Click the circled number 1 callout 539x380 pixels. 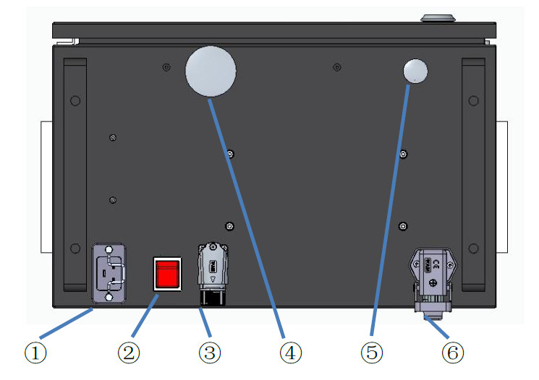tap(35, 353)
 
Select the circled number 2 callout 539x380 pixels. tap(129, 353)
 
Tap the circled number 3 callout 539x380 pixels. tap(210, 353)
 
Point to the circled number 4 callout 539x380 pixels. tap(291, 353)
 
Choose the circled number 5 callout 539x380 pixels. tap(372, 353)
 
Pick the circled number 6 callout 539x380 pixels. tap(453, 353)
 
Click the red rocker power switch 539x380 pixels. tap(167, 274)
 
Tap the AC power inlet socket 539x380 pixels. tap(109, 273)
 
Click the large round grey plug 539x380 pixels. tap(211, 71)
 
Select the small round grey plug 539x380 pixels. tap(415, 71)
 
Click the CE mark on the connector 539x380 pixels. tap(436, 264)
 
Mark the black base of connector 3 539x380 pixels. tap(213, 298)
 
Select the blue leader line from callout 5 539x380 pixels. tap(390, 210)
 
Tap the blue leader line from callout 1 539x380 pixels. tap(66, 323)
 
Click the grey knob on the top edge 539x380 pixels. tap(438, 18)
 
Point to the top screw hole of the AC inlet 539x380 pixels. tap(109, 249)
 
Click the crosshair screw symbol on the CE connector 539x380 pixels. tap(433, 283)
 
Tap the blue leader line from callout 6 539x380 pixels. tap(436, 327)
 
